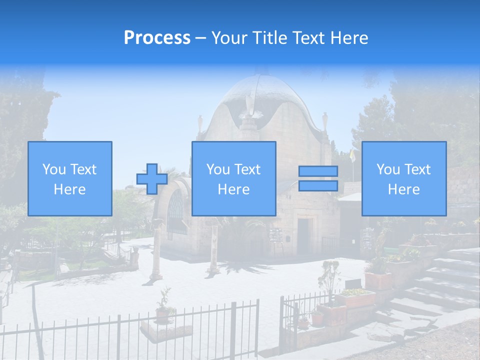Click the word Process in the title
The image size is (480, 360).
point(157,38)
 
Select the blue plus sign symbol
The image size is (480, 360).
point(152,179)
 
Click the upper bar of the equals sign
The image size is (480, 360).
point(318,171)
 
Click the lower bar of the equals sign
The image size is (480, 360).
point(318,186)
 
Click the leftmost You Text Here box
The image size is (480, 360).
point(70,178)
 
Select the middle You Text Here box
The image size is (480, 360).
point(233,178)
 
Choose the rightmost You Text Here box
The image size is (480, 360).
point(403,178)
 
